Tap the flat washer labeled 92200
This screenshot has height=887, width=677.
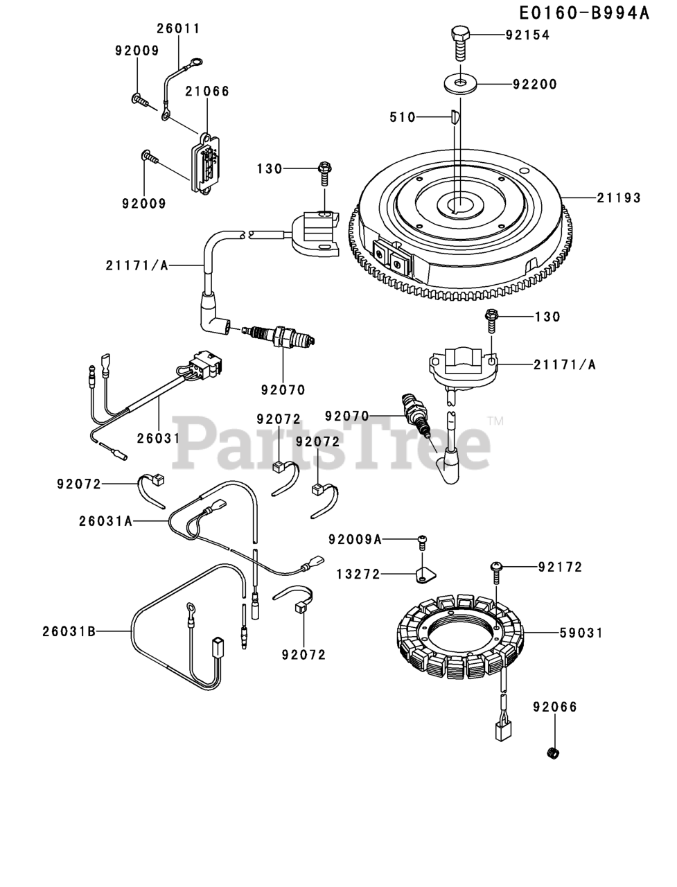(x=460, y=84)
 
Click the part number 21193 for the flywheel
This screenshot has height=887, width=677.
(x=618, y=198)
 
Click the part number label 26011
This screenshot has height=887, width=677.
(x=178, y=28)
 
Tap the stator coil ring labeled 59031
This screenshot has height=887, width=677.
(x=443, y=634)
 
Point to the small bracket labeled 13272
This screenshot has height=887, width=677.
(x=424, y=575)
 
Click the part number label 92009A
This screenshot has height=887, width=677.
(x=355, y=539)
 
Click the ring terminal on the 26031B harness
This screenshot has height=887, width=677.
(x=188, y=608)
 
